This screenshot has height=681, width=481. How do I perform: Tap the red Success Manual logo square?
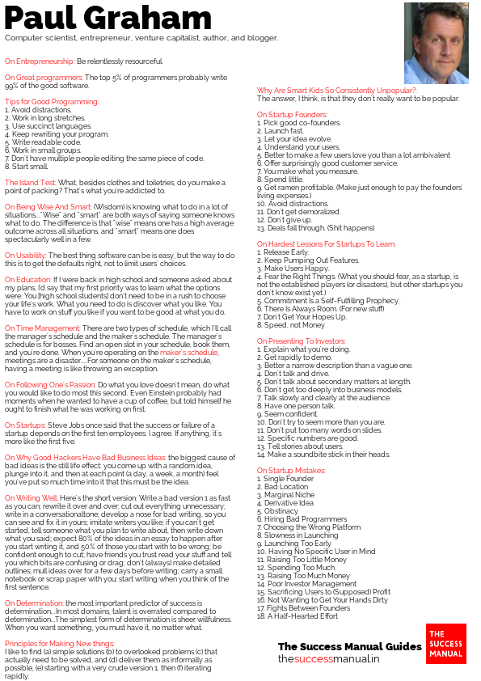pos(446,644)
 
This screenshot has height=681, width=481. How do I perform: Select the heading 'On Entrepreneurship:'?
pos(40,61)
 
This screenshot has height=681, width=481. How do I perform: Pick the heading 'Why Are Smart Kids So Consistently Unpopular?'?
pos(336,90)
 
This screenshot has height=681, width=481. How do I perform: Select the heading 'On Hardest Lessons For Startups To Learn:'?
pos(327,243)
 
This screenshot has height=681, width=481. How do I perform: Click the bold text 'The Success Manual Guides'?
pos(350,646)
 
